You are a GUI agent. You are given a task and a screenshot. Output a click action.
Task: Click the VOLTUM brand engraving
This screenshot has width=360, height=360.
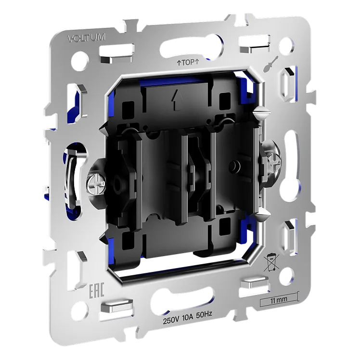(87, 38)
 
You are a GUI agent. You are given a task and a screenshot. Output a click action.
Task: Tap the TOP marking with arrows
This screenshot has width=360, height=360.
(187, 62)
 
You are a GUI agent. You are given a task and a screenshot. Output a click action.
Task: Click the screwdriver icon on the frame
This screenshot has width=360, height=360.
(270, 64)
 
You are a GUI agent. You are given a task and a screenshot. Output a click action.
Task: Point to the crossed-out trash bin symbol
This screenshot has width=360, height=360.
(271, 262)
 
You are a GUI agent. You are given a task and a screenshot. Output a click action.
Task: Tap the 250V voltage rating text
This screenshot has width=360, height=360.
(171, 321)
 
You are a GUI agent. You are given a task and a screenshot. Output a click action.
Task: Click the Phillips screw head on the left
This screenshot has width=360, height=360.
(96, 184)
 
